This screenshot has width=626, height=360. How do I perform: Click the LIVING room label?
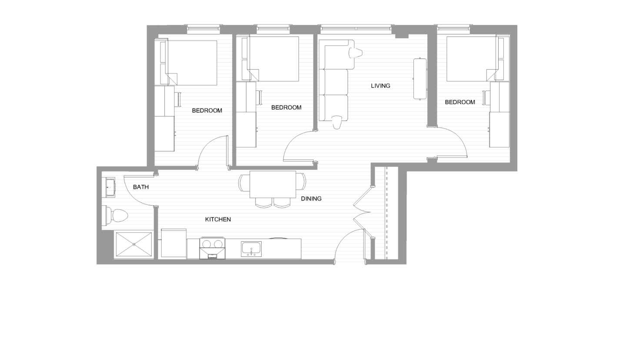380,86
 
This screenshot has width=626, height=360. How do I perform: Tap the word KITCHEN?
218,220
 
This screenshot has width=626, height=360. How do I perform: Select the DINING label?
311,199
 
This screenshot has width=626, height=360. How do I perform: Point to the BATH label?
141,187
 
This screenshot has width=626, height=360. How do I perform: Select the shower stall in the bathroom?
133,244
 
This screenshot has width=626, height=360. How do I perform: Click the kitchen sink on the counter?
251,249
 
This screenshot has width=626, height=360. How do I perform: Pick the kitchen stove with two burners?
213,248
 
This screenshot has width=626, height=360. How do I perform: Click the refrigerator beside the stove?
174,243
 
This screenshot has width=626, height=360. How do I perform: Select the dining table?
273,184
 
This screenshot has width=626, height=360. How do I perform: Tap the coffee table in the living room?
420,79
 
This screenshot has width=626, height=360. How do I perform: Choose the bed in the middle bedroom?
273,59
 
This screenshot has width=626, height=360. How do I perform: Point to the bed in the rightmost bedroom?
472,59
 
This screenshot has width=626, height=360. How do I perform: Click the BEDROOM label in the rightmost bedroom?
460,102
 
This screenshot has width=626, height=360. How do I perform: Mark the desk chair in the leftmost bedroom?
178,99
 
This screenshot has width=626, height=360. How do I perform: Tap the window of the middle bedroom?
273,30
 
